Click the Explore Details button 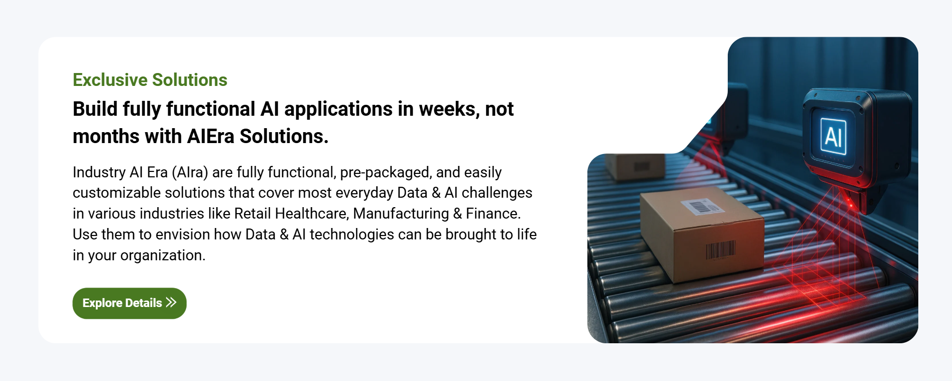coord(129,303)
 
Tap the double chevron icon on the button coord(171,303)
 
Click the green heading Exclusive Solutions coord(150,80)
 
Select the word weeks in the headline coord(448,109)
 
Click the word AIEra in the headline coord(211,137)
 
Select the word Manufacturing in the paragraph coord(401,214)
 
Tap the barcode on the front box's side coord(720,250)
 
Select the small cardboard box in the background coord(635,166)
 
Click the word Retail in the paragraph coord(252,214)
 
